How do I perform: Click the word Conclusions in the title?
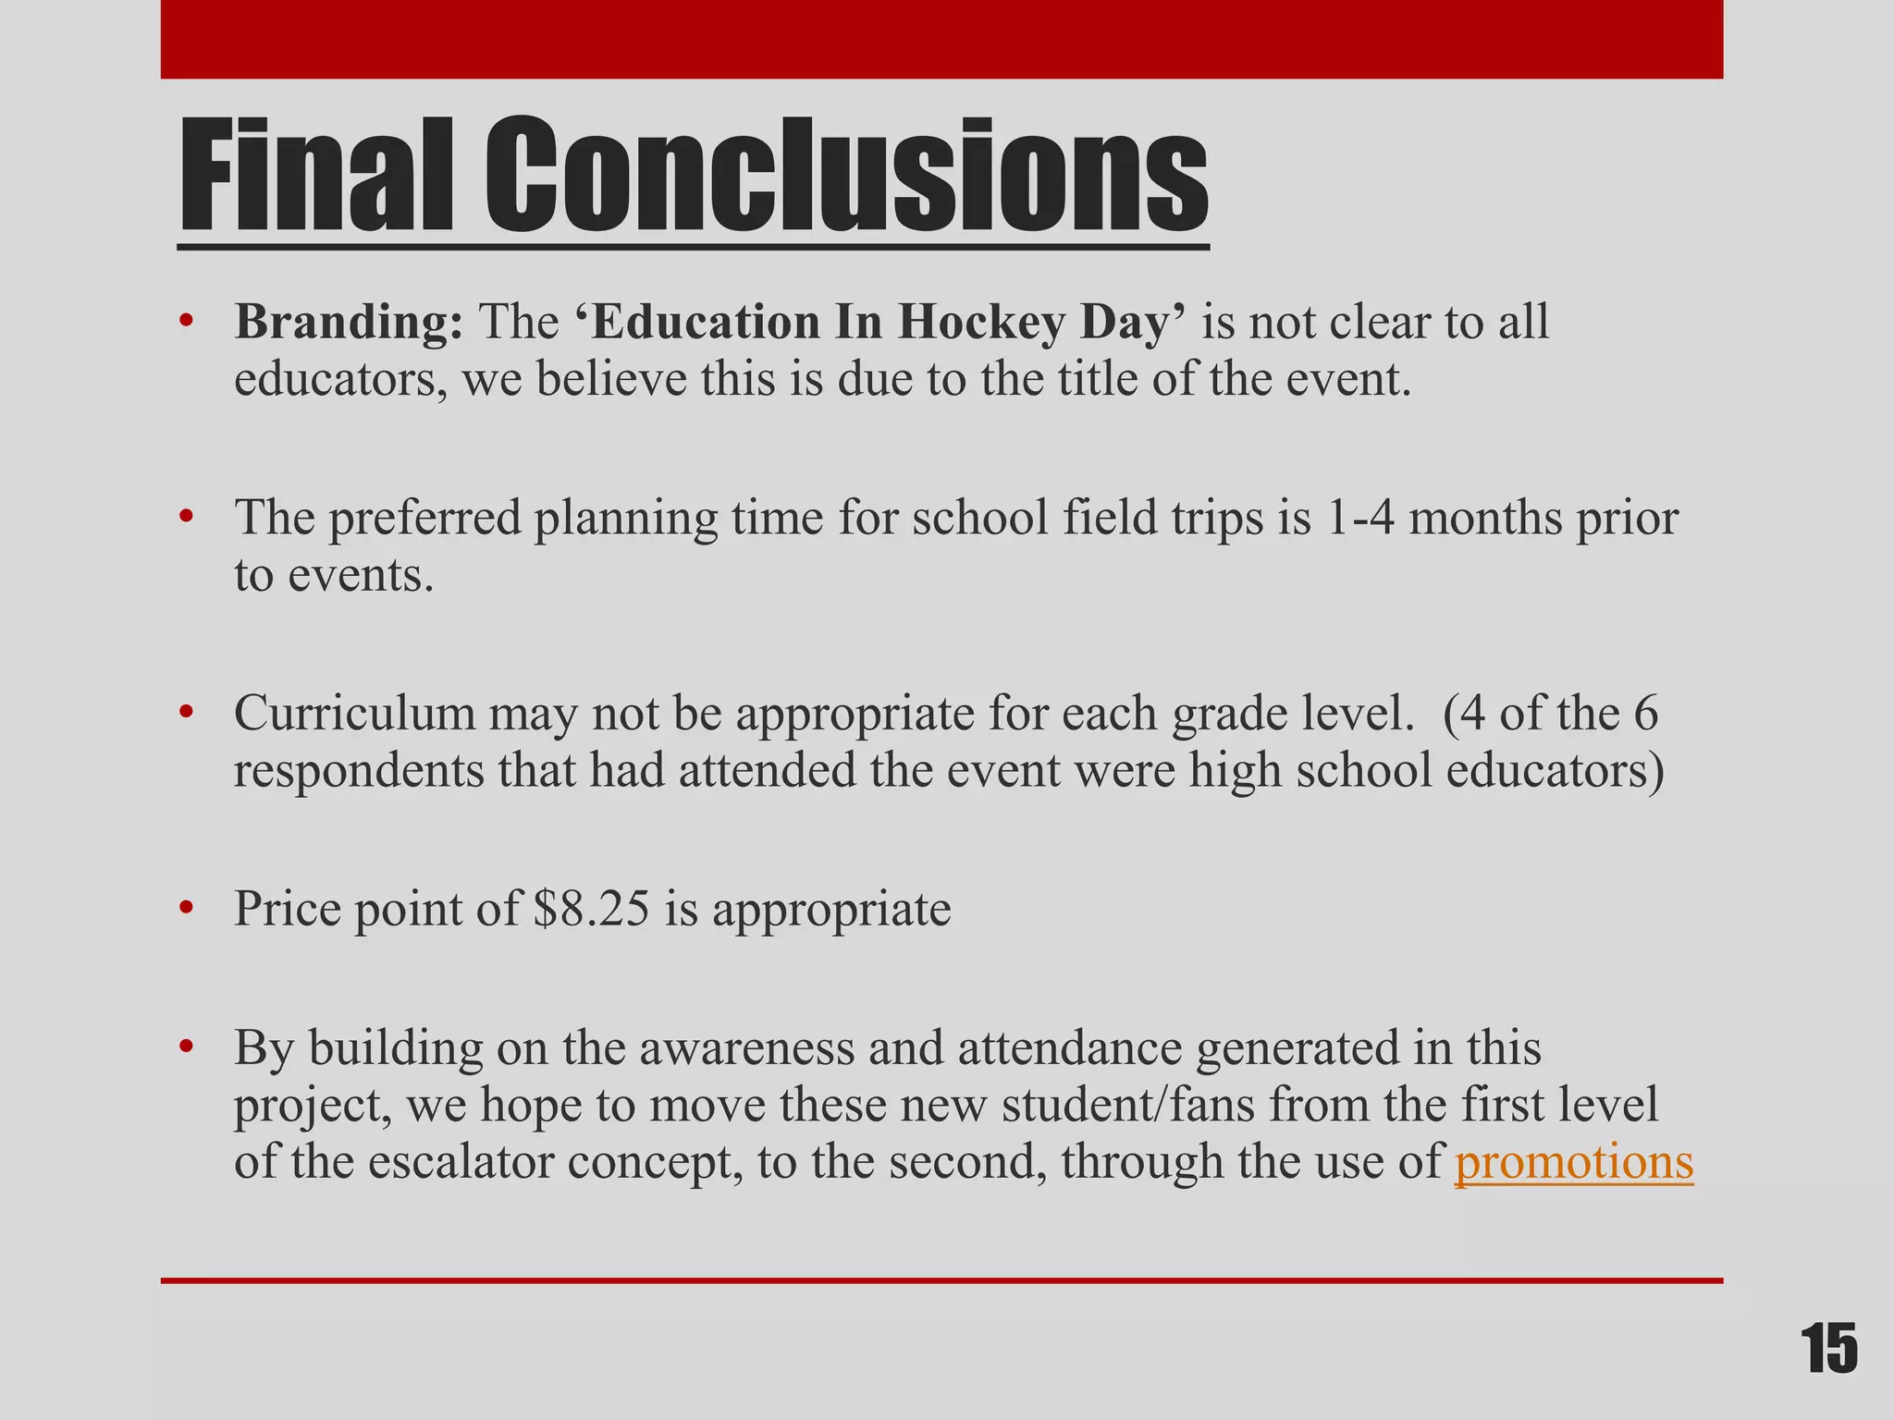click(846, 176)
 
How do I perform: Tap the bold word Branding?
click(349, 324)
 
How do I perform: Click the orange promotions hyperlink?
click(1573, 1161)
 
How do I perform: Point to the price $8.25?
click(592, 909)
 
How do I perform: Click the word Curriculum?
click(353, 714)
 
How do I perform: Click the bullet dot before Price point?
click(187, 909)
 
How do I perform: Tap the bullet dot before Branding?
click(187, 324)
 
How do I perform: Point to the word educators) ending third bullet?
click(1555, 770)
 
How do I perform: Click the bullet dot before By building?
click(187, 1048)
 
